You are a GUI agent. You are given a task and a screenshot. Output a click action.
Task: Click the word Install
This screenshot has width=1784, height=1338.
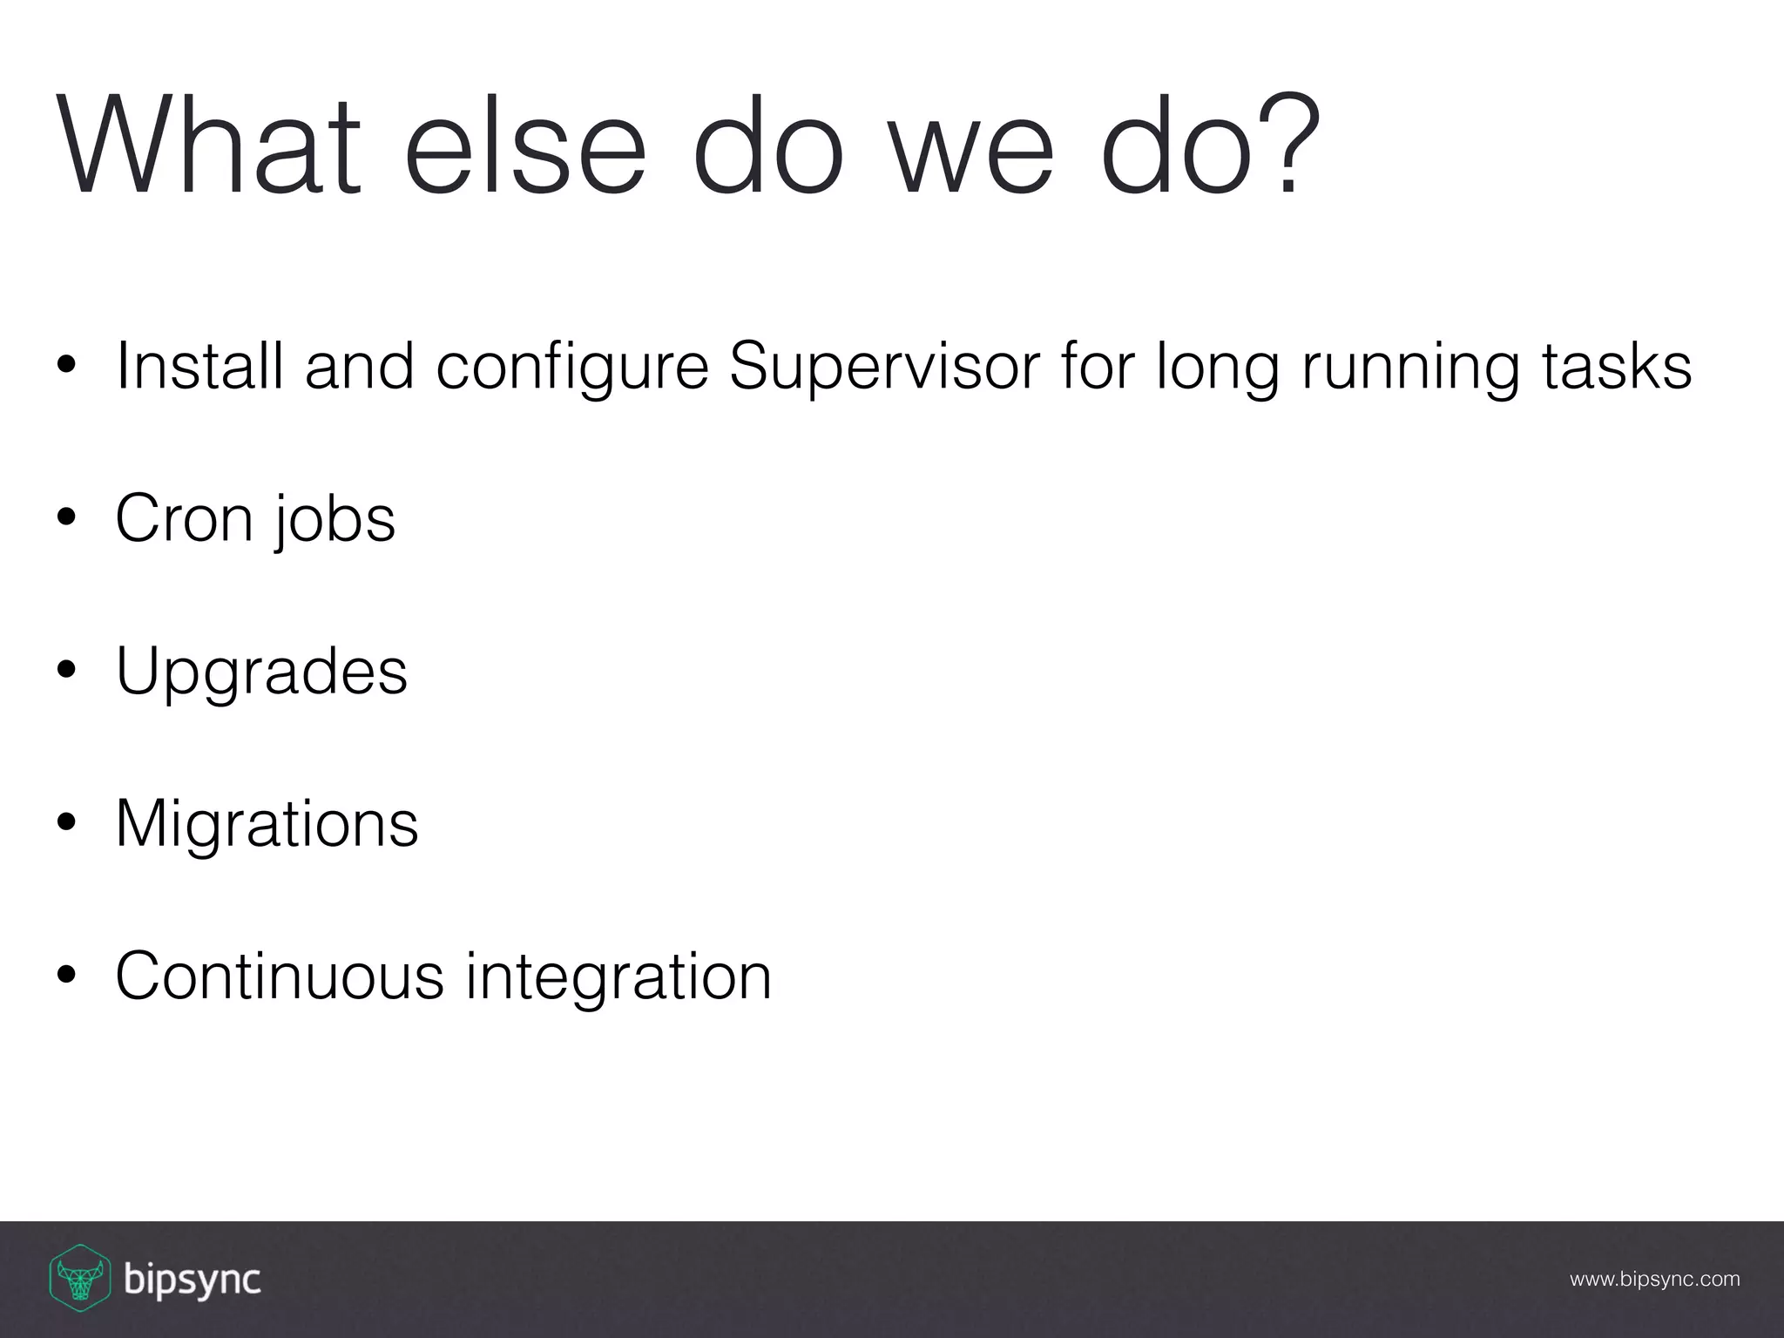(199, 366)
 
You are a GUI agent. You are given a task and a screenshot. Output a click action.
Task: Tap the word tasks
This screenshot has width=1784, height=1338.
(1617, 366)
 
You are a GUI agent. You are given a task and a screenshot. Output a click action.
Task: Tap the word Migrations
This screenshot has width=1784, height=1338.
(267, 824)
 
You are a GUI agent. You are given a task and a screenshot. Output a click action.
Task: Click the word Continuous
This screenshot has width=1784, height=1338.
(280, 976)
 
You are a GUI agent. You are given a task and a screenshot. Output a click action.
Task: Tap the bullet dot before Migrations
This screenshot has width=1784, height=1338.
(66, 824)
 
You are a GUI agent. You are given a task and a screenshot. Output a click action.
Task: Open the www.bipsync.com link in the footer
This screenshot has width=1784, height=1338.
(1654, 1280)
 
